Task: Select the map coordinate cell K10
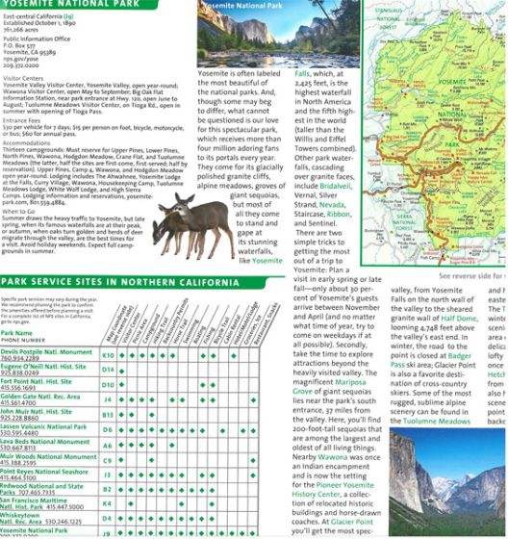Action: click(109, 354)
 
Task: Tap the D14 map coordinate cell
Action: click(109, 369)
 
